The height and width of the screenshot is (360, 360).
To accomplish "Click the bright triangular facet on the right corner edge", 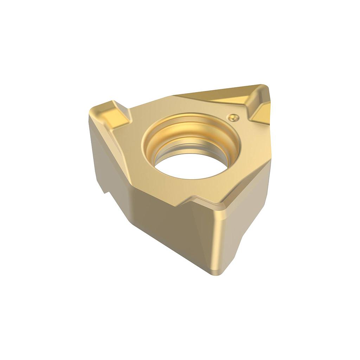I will pos(262,112).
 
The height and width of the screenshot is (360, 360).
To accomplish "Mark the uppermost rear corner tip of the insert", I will pos(262,86).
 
